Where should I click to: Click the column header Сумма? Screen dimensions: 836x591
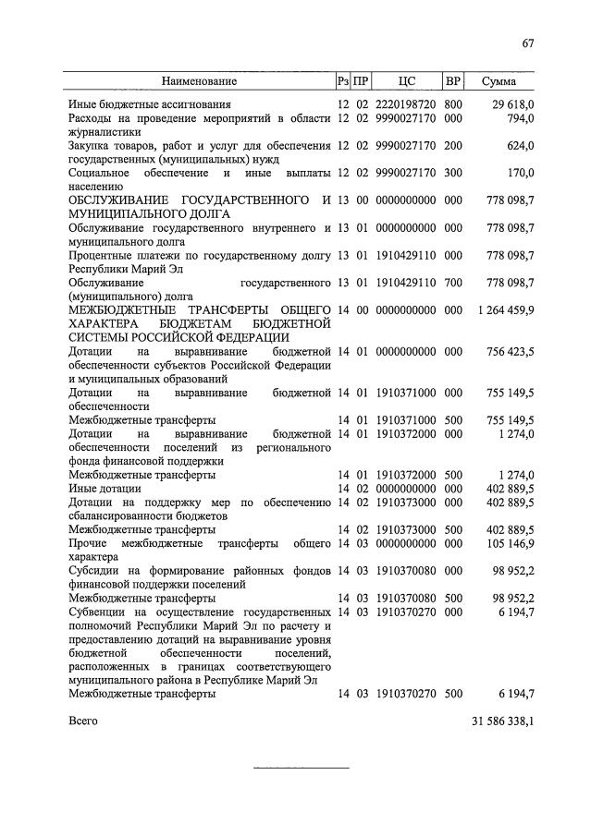click(499, 81)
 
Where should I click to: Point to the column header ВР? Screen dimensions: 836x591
click(453, 81)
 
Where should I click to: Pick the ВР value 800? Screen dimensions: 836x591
click(453, 105)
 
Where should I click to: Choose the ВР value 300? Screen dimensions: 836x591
click(453, 173)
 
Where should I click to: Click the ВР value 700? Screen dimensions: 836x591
click(453, 281)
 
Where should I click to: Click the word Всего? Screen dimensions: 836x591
click(82, 719)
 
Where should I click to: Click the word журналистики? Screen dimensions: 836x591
click(106, 132)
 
